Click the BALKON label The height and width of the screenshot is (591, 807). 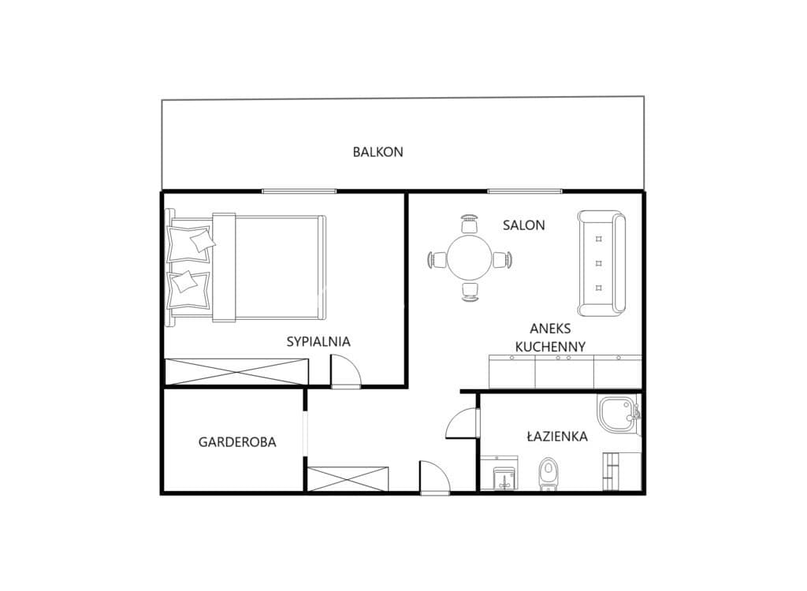377,152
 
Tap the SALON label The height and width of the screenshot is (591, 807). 523,225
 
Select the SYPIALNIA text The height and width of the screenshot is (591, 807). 318,341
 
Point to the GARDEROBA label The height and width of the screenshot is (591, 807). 237,442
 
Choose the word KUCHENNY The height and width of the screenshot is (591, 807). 550,347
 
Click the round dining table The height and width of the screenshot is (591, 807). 469,258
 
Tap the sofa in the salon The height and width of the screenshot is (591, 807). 601,263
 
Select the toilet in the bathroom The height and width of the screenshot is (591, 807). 549,473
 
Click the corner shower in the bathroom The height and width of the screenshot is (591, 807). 619,414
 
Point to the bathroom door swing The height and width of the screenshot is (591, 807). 463,423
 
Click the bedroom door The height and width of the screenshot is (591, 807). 345,370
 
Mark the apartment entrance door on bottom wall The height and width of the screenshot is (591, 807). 435,478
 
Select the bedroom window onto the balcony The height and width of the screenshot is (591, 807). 299,191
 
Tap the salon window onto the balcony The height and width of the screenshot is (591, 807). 524,191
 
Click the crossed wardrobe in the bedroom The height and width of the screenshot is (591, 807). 236,372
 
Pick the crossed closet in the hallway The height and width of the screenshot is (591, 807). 348,479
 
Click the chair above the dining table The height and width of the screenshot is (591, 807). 470,225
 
